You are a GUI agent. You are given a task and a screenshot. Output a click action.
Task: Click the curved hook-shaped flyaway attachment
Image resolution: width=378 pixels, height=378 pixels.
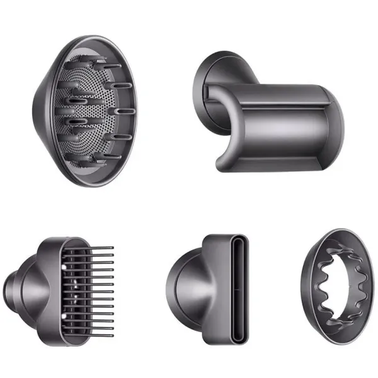pyautogui.click(x=271, y=113)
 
